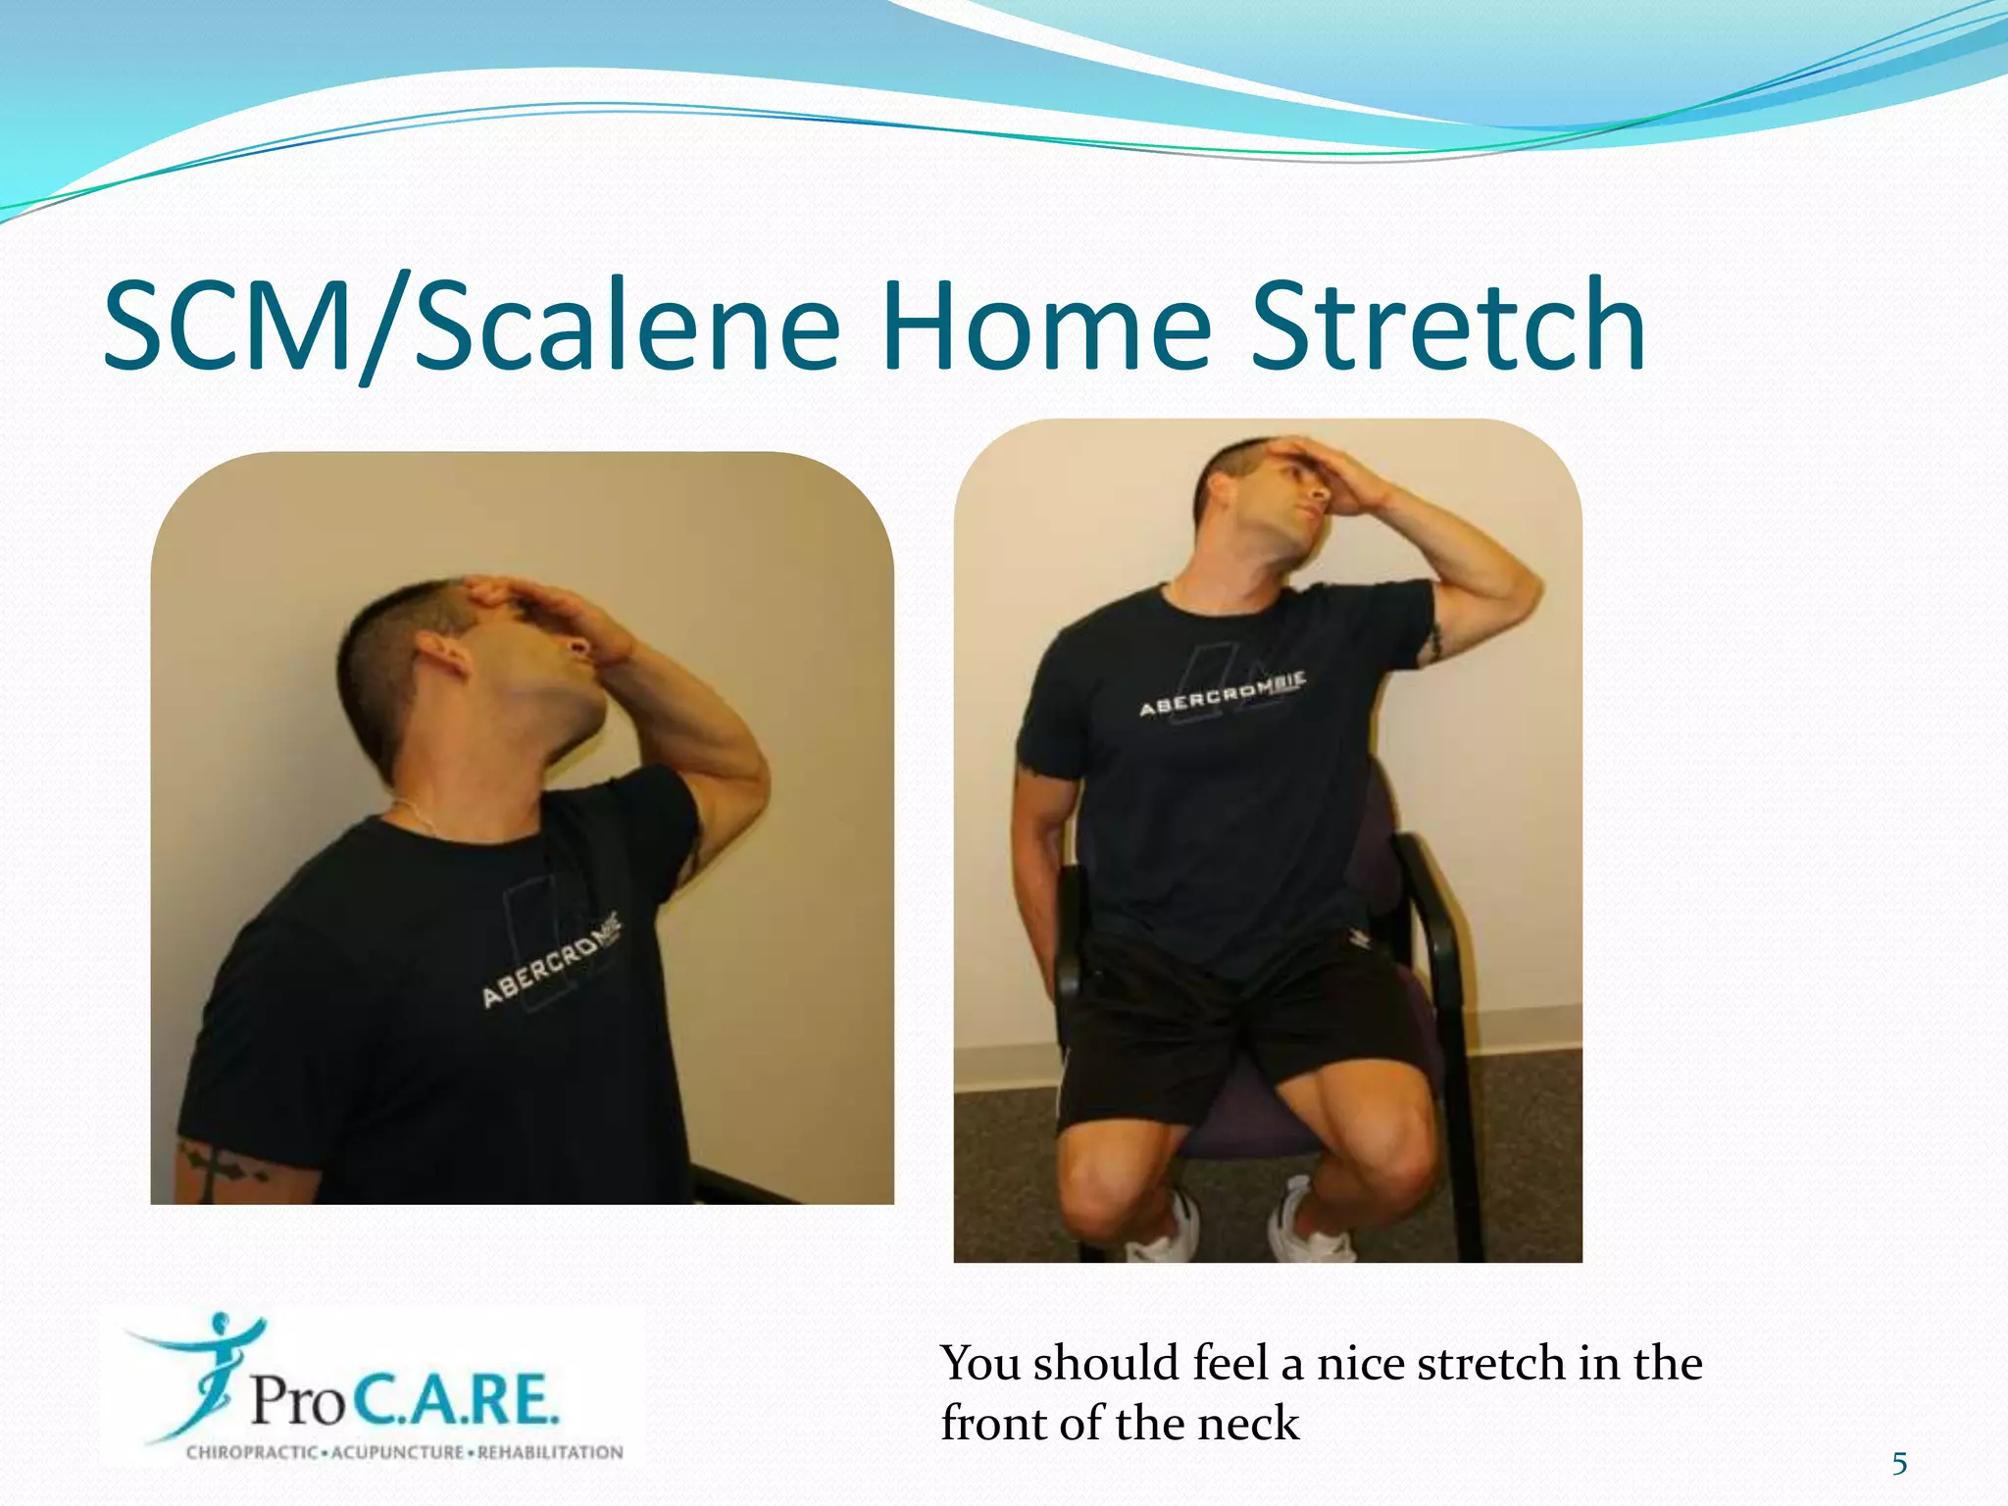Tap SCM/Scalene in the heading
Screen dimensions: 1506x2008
point(471,328)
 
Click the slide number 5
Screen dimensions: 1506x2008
point(1899,1464)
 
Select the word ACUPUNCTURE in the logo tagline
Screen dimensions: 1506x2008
point(398,1452)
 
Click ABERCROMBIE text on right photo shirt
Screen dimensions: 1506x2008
point(1222,695)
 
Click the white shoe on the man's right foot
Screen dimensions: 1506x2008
point(1167,1230)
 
